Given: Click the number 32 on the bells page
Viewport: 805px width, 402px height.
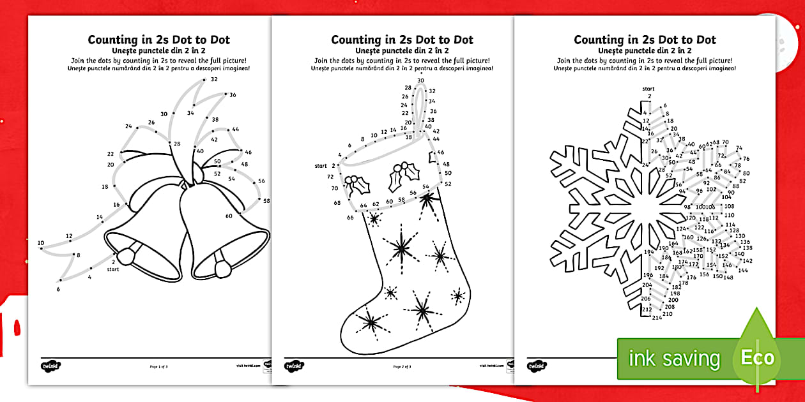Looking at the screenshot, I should (214, 79).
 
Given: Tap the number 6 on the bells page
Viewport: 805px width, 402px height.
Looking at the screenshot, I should (58, 290).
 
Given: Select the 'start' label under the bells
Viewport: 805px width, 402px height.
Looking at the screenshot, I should (113, 269).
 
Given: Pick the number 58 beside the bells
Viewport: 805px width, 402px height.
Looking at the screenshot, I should (266, 201).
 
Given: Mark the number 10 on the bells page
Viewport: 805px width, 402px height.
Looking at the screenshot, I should (41, 242).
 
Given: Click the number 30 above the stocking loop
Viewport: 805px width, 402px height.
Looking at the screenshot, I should (420, 80).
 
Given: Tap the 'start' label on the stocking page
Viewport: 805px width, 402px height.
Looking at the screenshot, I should (321, 166).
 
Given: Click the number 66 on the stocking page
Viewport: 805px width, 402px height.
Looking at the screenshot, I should (350, 218).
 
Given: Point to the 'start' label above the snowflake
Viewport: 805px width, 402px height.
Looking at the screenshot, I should (648, 89).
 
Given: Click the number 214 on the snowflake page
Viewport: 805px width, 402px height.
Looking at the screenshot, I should (657, 318).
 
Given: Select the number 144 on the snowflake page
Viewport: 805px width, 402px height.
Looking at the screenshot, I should (742, 271).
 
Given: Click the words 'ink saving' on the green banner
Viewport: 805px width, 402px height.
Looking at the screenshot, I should (674, 359).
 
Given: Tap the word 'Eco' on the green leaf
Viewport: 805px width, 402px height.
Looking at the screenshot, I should (757, 357).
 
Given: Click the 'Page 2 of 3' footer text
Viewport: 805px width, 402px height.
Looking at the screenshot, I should (401, 367).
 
